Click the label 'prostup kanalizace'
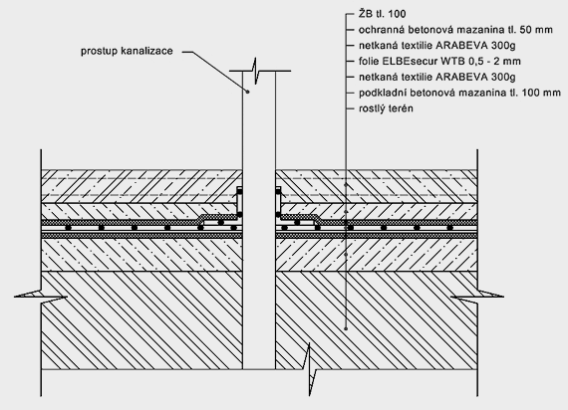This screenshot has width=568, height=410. coord(127,51)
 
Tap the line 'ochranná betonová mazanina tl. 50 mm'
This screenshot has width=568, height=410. coord(455,30)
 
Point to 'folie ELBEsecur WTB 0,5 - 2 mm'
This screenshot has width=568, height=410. coord(439,61)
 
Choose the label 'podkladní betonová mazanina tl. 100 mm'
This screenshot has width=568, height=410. coord(459,93)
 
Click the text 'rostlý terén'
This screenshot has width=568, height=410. coord(386,108)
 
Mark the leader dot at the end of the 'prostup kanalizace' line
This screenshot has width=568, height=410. coord(248,92)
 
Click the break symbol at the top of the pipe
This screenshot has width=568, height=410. coord(256,71)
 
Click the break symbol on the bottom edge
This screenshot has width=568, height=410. coord(310,370)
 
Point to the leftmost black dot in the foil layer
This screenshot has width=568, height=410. coord(68,228)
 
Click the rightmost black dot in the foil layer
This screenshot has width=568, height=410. coord(449,228)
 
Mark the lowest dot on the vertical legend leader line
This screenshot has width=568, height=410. coord(346,328)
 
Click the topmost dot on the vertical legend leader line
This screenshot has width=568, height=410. coord(346,185)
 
